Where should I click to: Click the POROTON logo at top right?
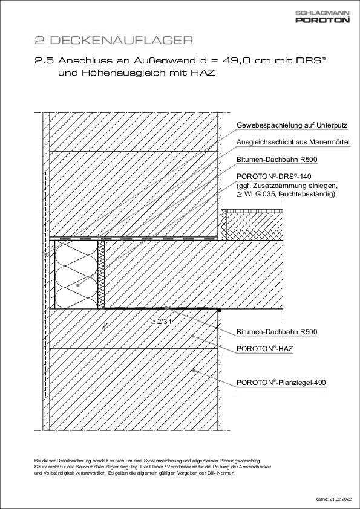(x=322, y=20)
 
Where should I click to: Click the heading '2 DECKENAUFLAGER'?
(x=113, y=41)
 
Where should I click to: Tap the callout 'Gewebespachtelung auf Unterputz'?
(x=292, y=125)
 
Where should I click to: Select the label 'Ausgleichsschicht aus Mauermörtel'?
(x=293, y=142)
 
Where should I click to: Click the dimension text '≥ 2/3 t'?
(x=162, y=321)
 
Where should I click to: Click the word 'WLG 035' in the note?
(x=258, y=194)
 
